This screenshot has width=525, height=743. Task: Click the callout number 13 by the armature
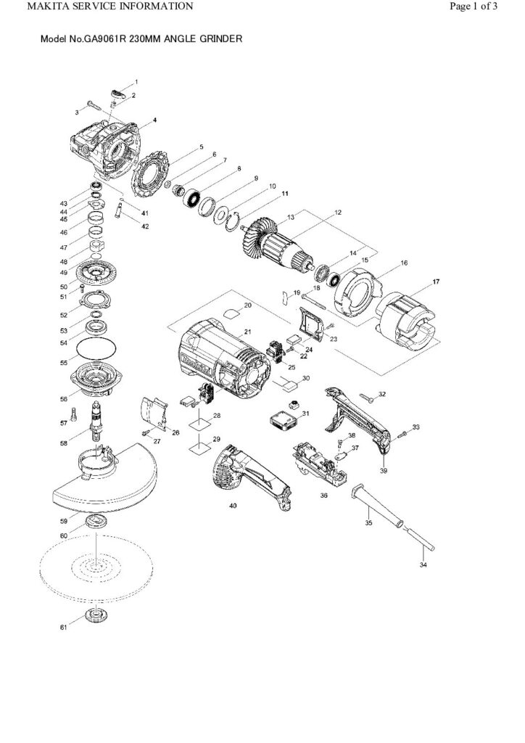291,218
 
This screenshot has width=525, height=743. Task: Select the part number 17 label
436,281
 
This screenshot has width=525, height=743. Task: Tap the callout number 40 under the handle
233,504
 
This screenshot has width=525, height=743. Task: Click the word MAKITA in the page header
30,7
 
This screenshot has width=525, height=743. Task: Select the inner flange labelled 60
94,523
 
